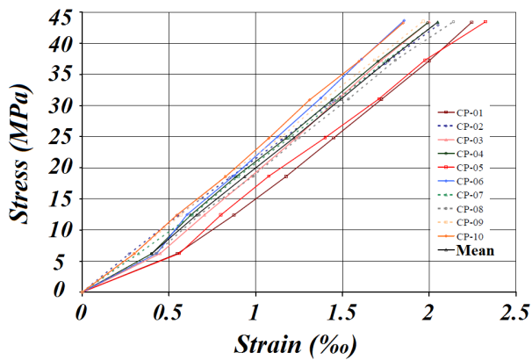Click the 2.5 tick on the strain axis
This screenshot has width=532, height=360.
tap(515, 311)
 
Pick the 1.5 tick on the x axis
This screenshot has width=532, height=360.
tap(341, 311)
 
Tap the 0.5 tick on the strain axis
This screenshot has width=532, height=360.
tap(168, 311)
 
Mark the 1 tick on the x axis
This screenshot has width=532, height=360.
tap(255, 311)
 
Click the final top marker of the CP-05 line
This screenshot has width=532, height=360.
tap(485, 22)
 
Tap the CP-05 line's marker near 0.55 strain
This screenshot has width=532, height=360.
tap(178, 254)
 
